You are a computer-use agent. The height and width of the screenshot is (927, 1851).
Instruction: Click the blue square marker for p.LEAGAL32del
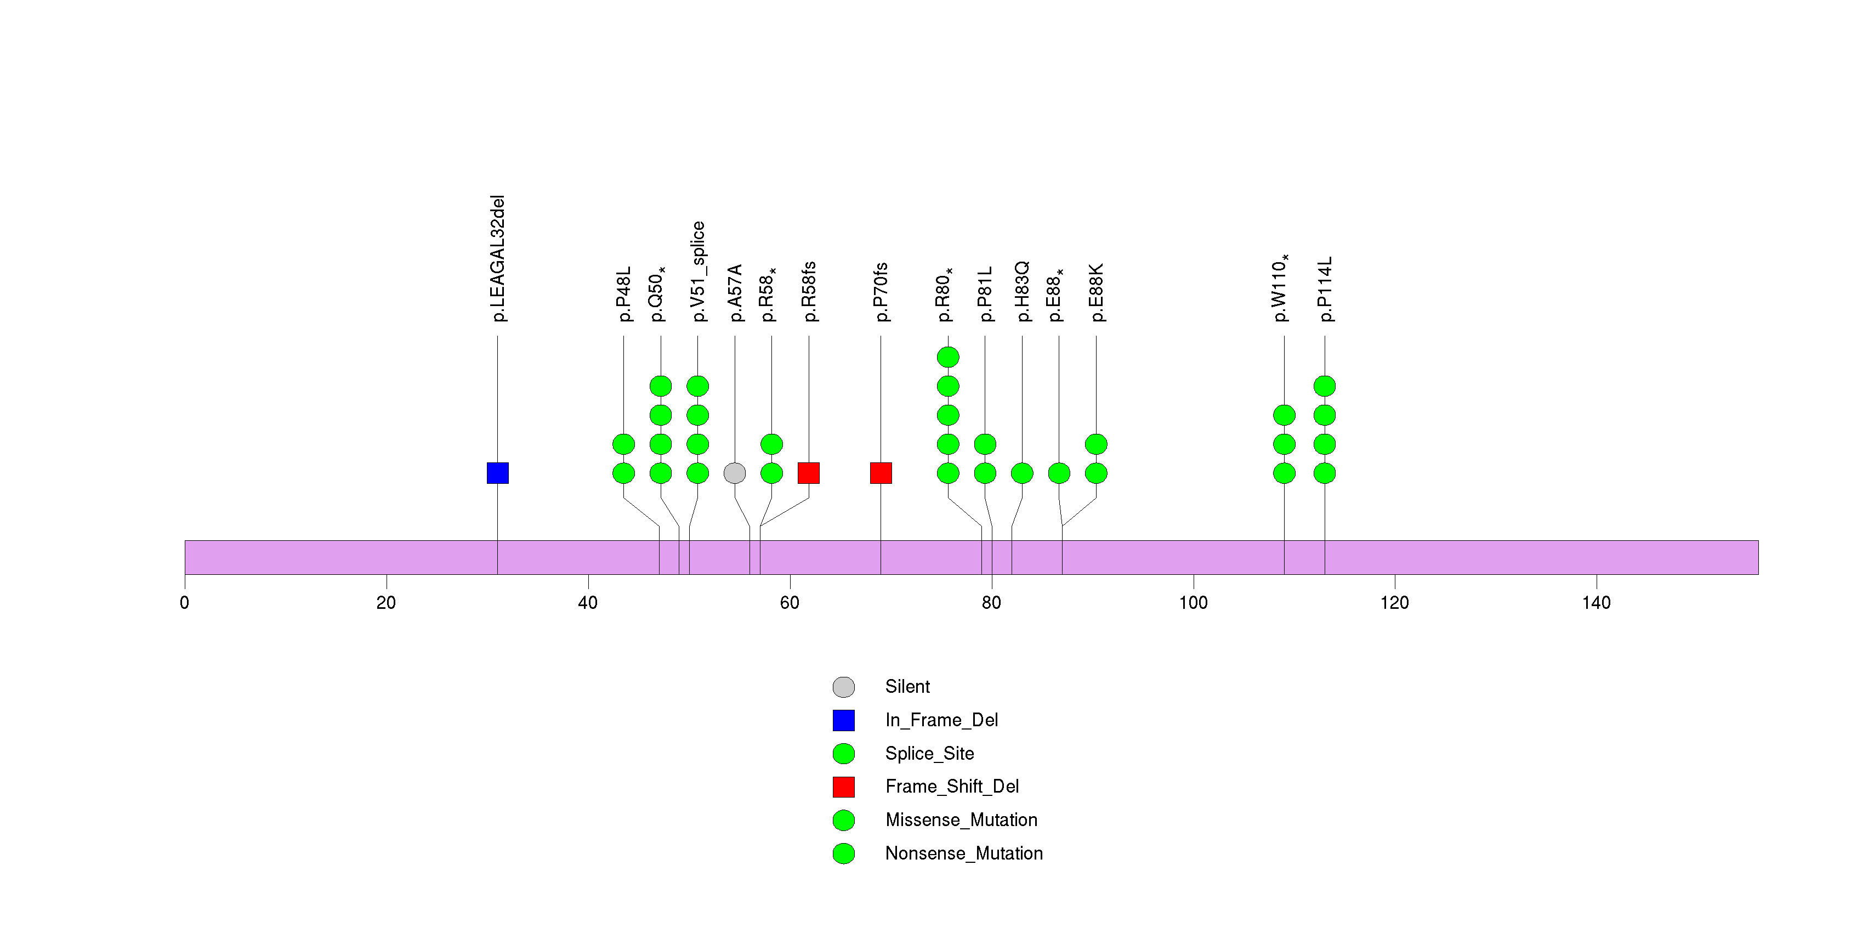497,473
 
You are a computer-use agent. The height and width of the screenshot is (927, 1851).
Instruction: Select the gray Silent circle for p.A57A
734,473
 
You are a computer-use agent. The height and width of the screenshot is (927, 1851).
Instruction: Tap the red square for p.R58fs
808,473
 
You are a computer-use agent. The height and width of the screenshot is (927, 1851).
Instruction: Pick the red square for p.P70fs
881,473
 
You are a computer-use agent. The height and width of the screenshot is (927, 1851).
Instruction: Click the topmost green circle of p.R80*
948,357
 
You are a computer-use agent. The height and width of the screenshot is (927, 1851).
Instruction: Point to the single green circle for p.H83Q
1022,473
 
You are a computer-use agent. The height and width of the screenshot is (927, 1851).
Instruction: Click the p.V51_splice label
698,272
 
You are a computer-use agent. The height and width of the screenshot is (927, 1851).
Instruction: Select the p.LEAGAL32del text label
498,258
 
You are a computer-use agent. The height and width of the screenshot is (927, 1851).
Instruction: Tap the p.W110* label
1281,287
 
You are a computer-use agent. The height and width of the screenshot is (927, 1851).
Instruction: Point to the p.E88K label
1097,292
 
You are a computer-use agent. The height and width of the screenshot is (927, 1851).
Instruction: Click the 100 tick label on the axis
1193,603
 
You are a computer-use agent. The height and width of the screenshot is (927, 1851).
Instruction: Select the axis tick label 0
185,603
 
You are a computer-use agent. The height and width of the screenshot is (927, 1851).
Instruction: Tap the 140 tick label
1596,603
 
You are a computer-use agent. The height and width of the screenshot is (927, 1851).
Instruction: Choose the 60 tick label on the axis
790,603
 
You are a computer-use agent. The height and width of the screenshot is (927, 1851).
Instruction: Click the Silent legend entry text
907,687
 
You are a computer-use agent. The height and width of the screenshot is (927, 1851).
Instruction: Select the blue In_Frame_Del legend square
844,720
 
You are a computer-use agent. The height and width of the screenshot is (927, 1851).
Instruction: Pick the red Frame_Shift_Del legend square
844,787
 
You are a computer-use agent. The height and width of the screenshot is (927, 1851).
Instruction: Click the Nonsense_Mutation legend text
963,853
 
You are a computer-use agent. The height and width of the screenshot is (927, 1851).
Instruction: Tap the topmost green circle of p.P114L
1324,386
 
